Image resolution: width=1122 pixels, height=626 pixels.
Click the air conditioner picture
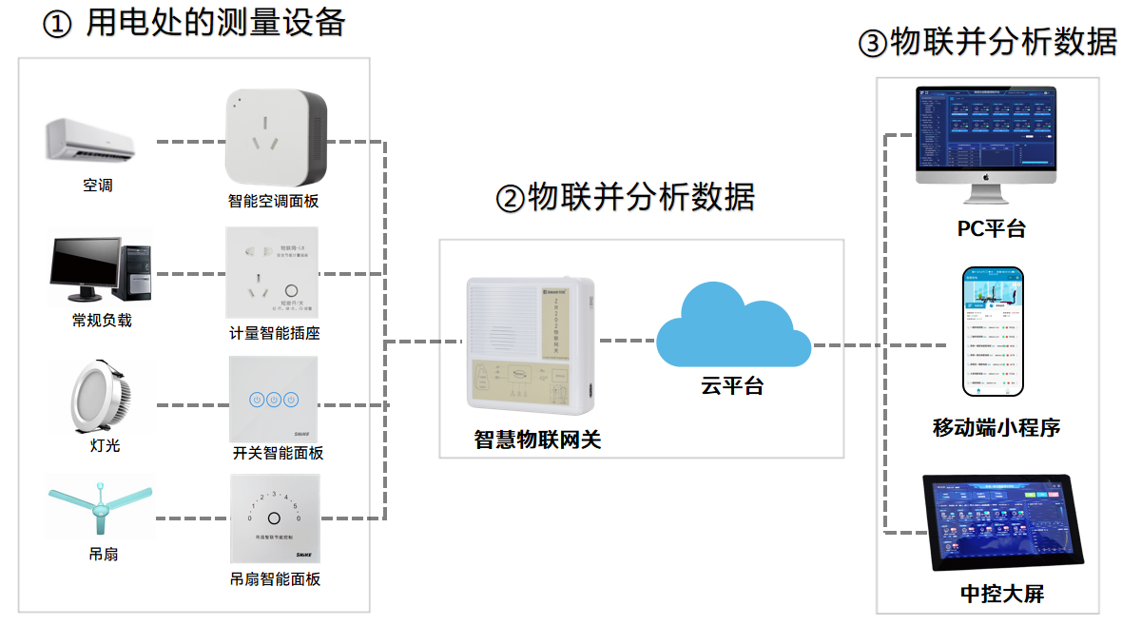point(90,140)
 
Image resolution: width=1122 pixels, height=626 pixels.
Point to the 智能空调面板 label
point(273,202)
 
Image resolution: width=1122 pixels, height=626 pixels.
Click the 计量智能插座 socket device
point(272,272)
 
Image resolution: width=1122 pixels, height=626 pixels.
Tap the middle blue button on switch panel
point(274,399)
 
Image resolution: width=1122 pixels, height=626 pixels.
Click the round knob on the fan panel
point(274,518)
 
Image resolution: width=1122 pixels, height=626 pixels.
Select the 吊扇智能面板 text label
point(275,578)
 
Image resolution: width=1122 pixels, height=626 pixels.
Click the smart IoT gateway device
point(530,346)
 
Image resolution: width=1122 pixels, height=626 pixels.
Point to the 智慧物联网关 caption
point(538,440)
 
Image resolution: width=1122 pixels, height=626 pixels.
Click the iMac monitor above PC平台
point(985,139)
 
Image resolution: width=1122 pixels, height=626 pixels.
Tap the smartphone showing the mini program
point(993,330)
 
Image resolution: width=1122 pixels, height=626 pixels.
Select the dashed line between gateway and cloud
point(626,340)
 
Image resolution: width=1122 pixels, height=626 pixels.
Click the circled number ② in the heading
point(511,199)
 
